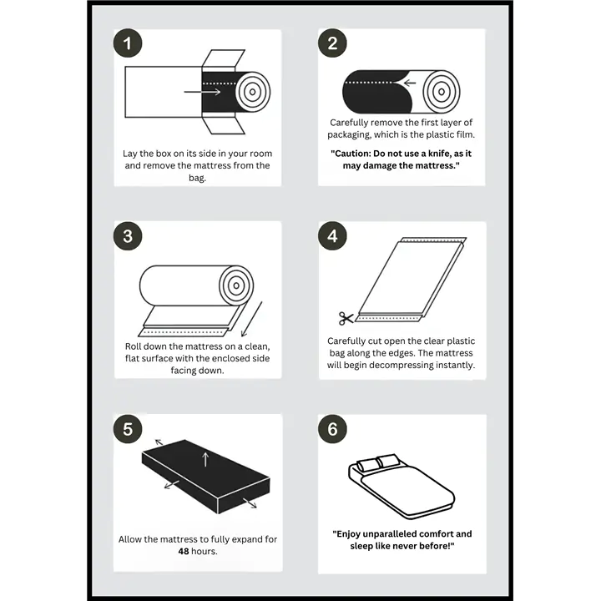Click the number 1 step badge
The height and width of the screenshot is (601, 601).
tap(128, 43)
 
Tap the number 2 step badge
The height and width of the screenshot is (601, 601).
tap(332, 43)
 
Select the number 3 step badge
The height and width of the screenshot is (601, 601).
tap(128, 236)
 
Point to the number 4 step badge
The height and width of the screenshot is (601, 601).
tap(332, 236)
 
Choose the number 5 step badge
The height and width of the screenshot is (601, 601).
tap(128, 429)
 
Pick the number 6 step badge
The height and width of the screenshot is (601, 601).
tap(332, 429)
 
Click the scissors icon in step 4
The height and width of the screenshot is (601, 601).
tap(346, 318)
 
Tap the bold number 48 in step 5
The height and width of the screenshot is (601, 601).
tap(184, 551)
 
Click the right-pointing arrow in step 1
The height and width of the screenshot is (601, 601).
tap(202, 92)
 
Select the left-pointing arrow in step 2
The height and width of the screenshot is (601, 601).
tap(410, 83)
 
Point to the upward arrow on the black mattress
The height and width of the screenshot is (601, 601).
tap(205, 459)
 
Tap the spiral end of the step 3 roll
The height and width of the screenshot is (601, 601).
tap(236, 285)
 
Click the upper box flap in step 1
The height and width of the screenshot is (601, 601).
tap(224, 58)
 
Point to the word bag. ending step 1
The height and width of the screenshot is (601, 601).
tap(197, 178)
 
